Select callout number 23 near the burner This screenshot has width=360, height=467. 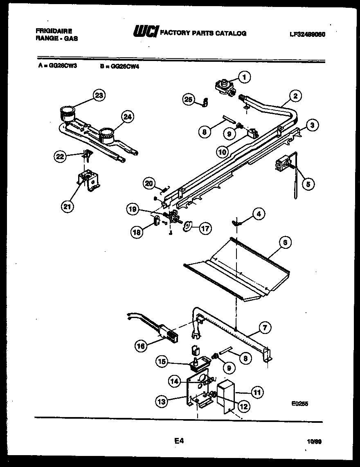98,96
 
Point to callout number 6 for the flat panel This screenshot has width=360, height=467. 285,242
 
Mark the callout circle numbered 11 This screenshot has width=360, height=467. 257,393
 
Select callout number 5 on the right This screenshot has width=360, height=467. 308,184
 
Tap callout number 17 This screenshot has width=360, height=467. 205,228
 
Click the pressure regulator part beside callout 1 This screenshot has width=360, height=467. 224,87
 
